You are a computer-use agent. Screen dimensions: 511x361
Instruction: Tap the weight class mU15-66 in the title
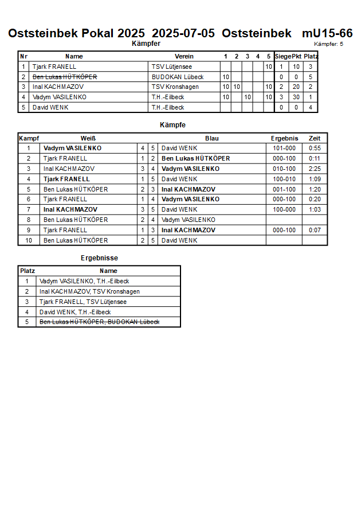coord(327,33)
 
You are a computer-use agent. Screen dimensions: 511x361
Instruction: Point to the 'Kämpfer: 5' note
coord(329,44)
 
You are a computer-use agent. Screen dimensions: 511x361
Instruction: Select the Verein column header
coord(184,56)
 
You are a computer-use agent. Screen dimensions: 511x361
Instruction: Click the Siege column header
coord(282,56)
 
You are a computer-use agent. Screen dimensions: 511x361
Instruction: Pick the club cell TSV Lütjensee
coord(172,67)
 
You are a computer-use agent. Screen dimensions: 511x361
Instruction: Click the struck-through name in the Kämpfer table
coord(65,77)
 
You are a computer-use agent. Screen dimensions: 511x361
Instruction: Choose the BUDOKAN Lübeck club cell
coord(178,77)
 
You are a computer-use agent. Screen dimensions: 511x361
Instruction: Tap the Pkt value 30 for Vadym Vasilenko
coord(296,97)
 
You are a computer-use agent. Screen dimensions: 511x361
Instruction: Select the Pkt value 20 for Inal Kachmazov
coord(296,87)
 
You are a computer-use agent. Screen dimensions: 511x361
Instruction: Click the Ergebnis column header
coord(284,138)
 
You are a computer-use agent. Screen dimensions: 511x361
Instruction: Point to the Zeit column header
coord(315,138)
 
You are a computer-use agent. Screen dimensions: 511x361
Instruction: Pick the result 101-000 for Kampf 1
coord(284,148)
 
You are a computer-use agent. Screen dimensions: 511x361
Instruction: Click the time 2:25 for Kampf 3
coord(315,169)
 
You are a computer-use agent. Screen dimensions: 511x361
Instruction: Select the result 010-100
coord(284,169)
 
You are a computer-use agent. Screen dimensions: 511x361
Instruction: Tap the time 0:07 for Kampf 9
coord(315,230)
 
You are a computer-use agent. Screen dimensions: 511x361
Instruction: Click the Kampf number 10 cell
coord(28,240)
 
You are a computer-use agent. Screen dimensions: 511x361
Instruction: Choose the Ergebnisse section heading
coord(99,258)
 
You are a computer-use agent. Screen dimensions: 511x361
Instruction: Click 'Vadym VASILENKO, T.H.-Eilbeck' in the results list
coord(84,281)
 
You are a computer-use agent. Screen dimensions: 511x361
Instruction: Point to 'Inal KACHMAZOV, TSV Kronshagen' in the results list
coord(89,291)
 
